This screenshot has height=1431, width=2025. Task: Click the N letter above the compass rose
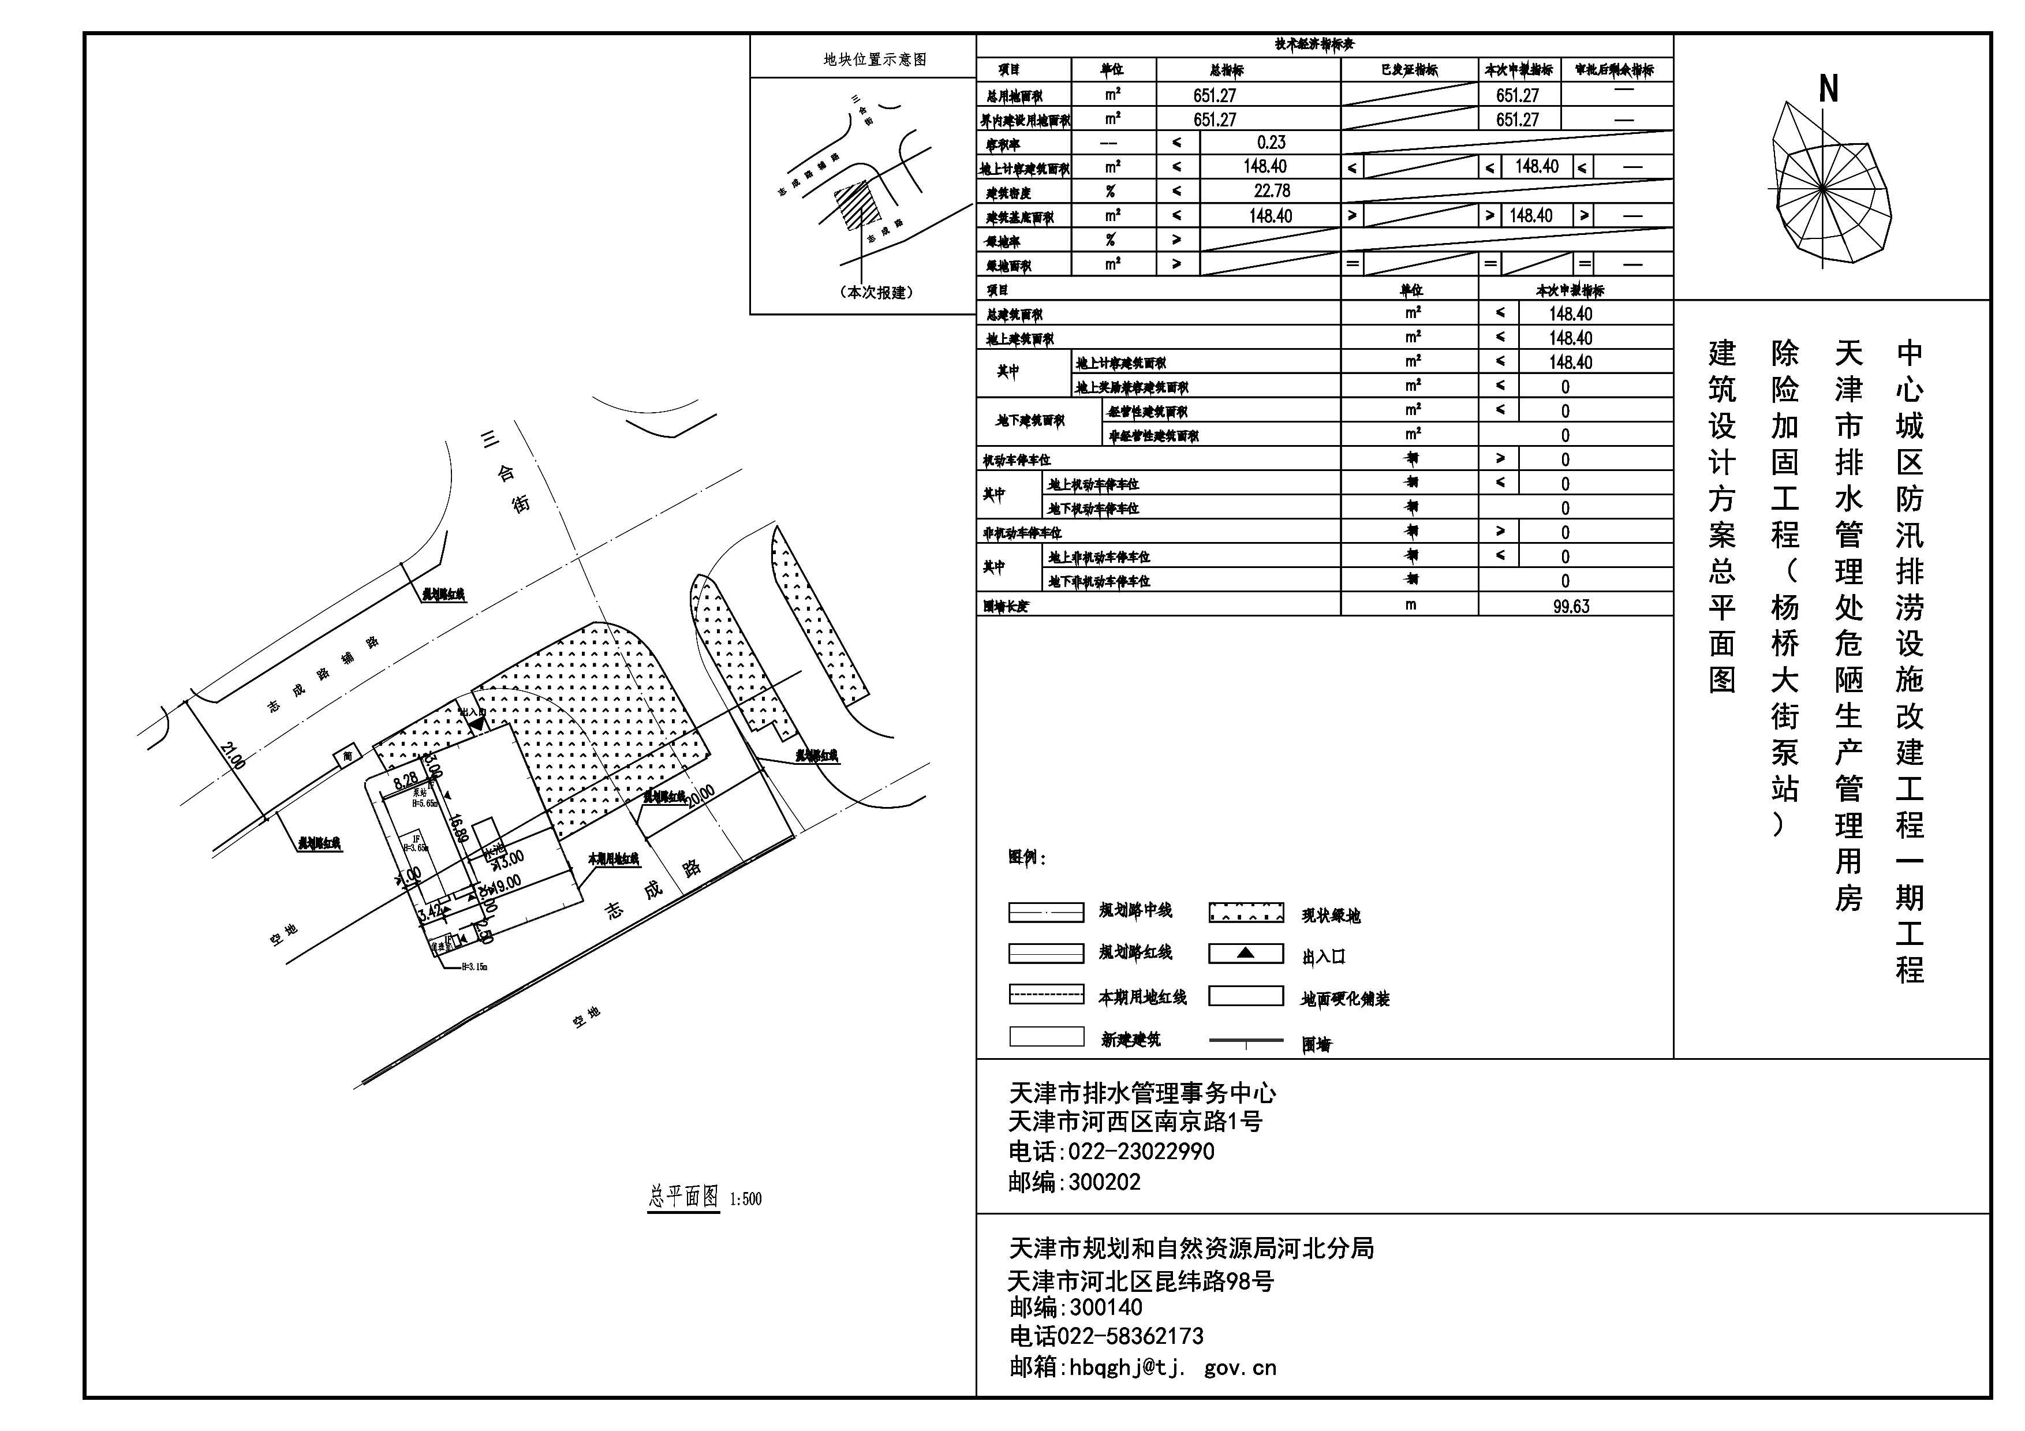coord(1828,89)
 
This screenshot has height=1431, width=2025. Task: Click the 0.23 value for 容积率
coord(1271,142)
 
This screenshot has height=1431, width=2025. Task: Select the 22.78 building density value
coord(1271,190)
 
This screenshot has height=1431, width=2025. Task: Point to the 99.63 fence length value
coord(1571,606)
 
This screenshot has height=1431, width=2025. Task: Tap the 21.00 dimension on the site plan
coord(233,756)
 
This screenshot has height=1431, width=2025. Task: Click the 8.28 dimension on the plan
coord(406,780)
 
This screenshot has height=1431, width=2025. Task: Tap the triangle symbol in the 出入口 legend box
coord(1245,953)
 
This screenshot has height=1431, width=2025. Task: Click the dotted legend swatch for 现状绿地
coord(1245,913)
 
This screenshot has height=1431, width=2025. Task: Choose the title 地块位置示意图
coord(874,59)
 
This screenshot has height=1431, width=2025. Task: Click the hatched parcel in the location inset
coord(850,206)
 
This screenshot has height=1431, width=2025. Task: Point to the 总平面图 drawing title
coord(683,1197)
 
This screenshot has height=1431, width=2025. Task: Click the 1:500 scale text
coord(745,1199)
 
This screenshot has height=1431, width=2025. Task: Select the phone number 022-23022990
coord(1141,1152)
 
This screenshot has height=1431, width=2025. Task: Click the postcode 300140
coord(1105,1307)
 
